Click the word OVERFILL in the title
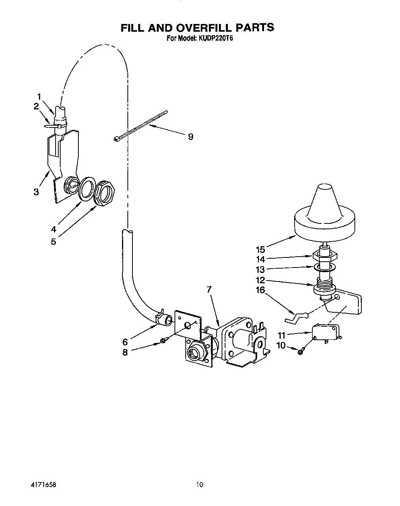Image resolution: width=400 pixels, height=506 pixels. [x=200, y=27]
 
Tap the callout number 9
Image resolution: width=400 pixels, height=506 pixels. [x=190, y=136]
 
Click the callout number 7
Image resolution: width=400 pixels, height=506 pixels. [x=208, y=289]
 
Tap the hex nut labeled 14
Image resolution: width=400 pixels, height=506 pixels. [x=325, y=255]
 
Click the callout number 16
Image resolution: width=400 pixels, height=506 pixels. [x=261, y=290]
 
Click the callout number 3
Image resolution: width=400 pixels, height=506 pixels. [x=36, y=192]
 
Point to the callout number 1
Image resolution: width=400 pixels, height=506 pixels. [x=39, y=96]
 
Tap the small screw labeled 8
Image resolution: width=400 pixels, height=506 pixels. [x=164, y=341]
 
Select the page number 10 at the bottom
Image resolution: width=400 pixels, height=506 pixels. [x=199, y=484]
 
